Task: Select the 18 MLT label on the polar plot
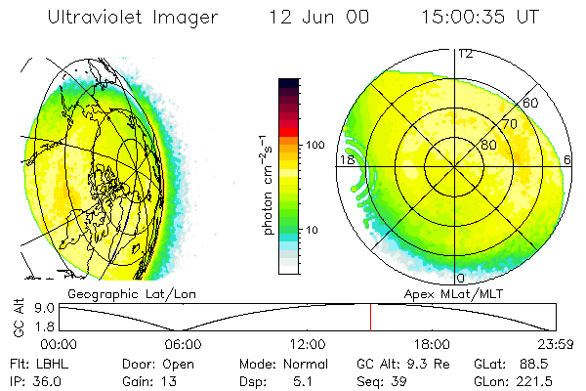click(x=346, y=159)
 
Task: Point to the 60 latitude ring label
click(x=531, y=102)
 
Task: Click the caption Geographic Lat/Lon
click(x=113, y=293)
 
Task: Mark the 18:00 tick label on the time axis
click(x=432, y=344)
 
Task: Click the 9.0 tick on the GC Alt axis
click(x=45, y=307)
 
